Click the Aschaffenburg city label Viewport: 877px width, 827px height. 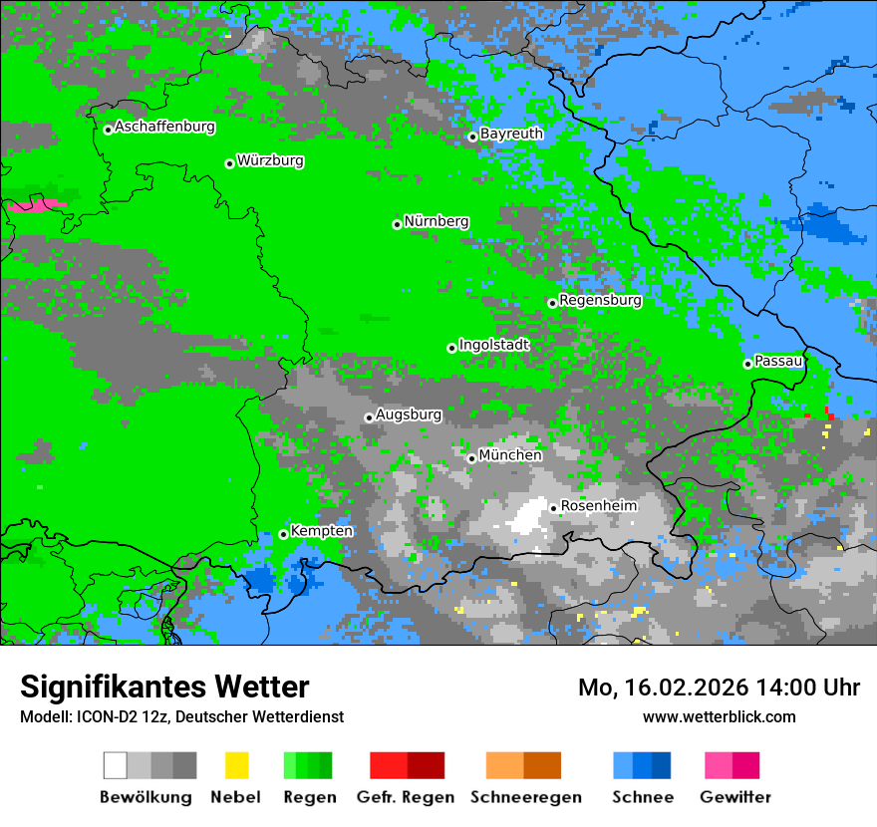(x=164, y=128)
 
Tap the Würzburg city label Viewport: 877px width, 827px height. (x=270, y=161)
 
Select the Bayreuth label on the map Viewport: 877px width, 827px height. (x=511, y=134)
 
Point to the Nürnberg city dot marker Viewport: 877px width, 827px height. (x=397, y=224)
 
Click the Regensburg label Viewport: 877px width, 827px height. (x=600, y=300)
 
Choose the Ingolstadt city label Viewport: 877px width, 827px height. (x=493, y=345)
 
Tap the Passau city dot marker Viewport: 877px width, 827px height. (x=747, y=364)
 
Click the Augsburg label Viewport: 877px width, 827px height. (x=408, y=414)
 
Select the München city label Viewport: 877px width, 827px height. (x=510, y=455)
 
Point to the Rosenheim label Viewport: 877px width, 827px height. (x=598, y=506)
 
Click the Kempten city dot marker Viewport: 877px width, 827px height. (x=283, y=534)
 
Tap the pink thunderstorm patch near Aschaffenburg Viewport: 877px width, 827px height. (x=38, y=206)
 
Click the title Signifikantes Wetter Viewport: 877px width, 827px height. (x=164, y=687)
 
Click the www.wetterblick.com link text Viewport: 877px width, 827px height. (x=719, y=716)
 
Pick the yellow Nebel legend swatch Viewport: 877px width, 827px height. (x=236, y=765)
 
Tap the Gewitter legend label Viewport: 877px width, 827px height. (x=734, y=797)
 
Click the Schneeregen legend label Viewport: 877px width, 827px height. (x=526, y=797)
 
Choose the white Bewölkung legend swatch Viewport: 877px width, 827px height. (x=116, y=765)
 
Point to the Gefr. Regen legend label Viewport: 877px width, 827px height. (x=405, y=797)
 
